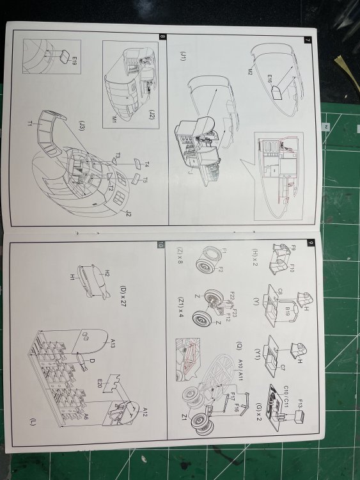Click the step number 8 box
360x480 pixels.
click(163, 36)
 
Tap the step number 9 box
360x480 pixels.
click(310, 243)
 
